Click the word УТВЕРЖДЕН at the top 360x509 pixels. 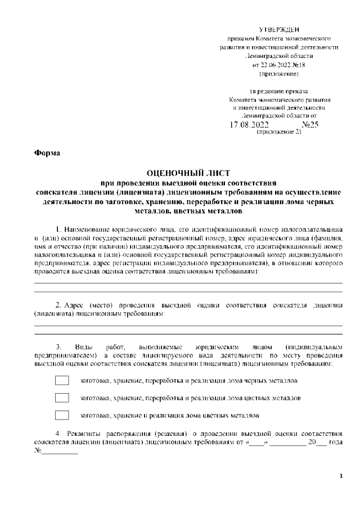click(279, 29)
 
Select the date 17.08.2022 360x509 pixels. click(249, 124)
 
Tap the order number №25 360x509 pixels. click(310, 124)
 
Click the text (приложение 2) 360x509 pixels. click(279, 133)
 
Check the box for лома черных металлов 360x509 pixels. click(62, 381)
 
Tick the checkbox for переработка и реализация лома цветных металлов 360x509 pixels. click(62, 398)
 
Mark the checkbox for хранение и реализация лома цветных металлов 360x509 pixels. click(62, 416)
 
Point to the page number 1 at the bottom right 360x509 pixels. click(341, 476)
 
